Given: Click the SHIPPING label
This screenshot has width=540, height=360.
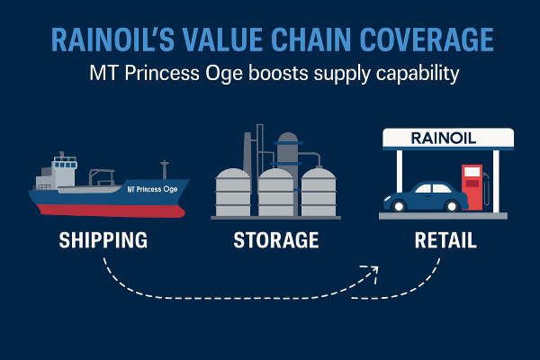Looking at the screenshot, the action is pyautogui.click(x=103, y=240).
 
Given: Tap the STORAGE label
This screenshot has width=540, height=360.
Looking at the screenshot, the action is pyautogui.click(x=276, y=240).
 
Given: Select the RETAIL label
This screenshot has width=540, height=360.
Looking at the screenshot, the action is pyautogui.click(x=445, y=240).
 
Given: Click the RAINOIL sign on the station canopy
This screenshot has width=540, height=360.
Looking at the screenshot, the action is pyautogui.click(x=444, y=139).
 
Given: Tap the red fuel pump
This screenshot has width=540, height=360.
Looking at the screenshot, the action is pyautogui.click(x=472, y=187).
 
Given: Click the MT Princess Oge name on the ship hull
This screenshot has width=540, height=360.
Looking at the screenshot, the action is pyautogui.click(x=152, y=189).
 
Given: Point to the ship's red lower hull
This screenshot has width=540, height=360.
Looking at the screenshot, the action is pyautogui.click(x=110, y=211).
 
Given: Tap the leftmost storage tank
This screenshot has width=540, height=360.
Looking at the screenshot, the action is pyautogui.click(x=233, y=193).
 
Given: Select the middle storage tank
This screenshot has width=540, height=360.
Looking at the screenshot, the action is pyautogui.click(x=275, y=193).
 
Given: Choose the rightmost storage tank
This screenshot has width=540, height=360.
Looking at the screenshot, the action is pyautogui.click(x=319, y=193).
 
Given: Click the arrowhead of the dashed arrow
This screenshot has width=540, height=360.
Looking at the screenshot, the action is pyautogui.click(x=372, y=272).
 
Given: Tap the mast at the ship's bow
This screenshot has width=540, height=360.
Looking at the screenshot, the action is pyautogui.click(x=165, y=169).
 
